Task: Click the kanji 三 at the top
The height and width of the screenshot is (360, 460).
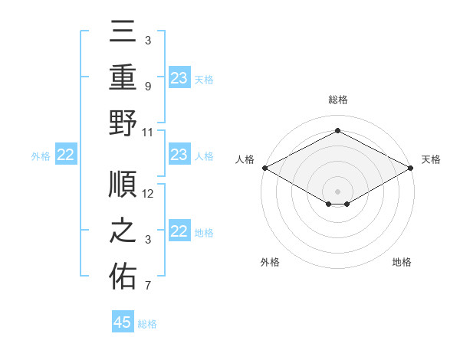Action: click(123, 32)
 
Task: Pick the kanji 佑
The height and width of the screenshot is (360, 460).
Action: click(123, 277)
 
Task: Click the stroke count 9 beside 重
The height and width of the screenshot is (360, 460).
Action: click(147, 86)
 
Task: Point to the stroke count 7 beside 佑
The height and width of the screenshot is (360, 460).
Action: click(147, 286)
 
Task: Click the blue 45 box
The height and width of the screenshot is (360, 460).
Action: click(123, 322)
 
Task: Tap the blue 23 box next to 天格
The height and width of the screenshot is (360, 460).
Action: click(179, 77)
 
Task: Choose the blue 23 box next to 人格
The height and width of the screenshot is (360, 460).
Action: click(179, 155)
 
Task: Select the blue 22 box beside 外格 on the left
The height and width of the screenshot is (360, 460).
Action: click(65, 155)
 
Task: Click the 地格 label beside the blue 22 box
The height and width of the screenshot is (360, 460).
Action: click(204, 232)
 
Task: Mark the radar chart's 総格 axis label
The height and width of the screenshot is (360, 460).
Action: click(337, 100)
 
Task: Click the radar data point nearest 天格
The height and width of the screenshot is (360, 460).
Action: click(412, 167)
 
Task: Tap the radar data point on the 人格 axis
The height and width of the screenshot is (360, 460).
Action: click(264, 167)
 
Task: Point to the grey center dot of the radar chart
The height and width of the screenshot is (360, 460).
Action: click(337, 190)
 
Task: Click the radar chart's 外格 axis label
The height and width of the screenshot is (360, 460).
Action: click(270, 262)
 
